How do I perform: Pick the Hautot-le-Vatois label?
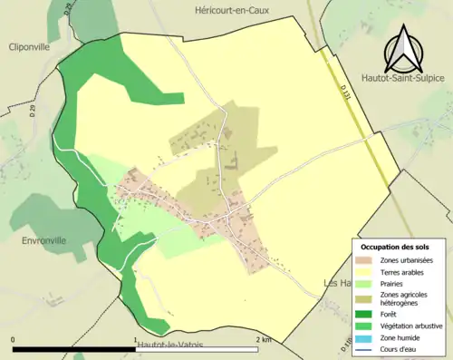tap(173, 346)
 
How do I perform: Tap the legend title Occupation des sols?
tap(396, 248)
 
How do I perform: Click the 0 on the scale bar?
tap(13, 339)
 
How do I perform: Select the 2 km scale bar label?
tap(264, 339)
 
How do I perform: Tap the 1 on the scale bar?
tap(136, 339)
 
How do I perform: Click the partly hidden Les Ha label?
tap(338, 283)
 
